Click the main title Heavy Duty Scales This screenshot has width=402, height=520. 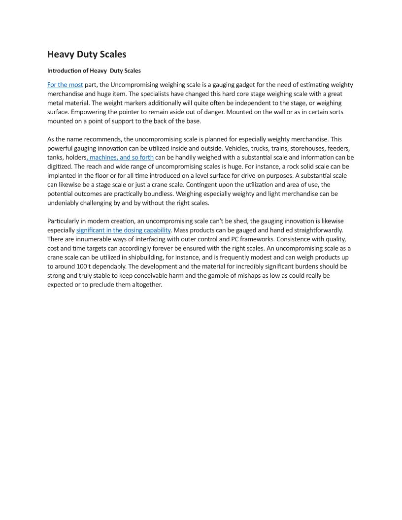[87, 54]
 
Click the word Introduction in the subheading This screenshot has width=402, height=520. [64, 71]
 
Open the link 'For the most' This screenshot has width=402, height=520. [65, 85]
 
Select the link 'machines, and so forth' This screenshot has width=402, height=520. [121, 158]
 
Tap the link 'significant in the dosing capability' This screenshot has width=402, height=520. [123, 230]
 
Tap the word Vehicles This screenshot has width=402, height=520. [238, 148]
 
